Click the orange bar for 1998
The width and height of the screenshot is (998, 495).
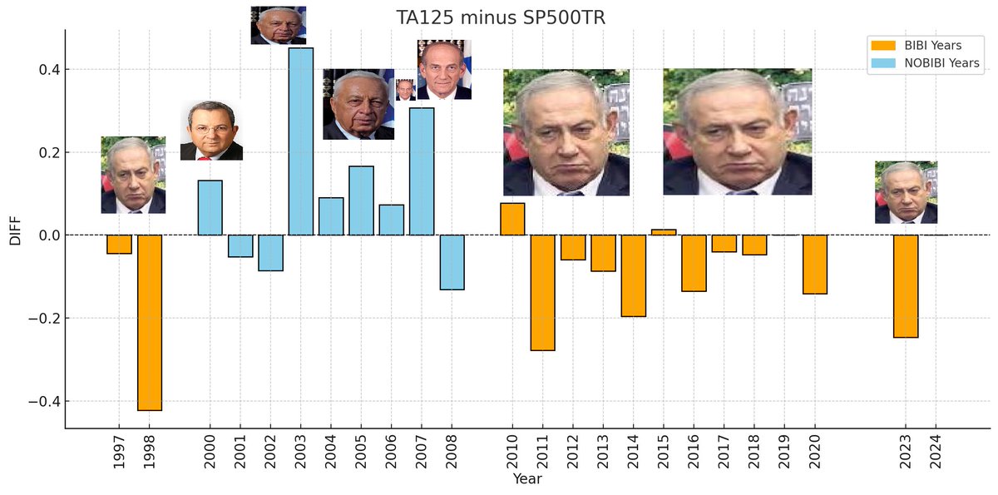(x=150, y=323)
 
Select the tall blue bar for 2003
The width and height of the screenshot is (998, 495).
(x=301, y=141)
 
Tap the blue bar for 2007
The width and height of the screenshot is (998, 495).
(x=422, y=171)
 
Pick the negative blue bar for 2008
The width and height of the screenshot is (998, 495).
(x=452, y=262)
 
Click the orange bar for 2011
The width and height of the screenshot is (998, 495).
(x=542, y=293)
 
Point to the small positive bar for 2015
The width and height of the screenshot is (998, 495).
(x=664, y=232)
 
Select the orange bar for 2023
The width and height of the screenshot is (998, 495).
(x=906, y=286)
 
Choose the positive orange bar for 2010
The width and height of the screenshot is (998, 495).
(x=512, y=219)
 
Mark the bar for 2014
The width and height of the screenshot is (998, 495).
(x=634, y=276)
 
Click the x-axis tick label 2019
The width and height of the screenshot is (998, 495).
(x=784, y=452)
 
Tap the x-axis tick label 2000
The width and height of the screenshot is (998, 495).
(x=210, y=452)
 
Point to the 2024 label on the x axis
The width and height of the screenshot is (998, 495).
(x=936, y=452)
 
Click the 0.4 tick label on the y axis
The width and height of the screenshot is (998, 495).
(x=49, y=70)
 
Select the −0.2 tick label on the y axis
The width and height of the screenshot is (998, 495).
(x=44, y=318)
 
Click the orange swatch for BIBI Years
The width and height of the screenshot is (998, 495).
(x=883, y=46)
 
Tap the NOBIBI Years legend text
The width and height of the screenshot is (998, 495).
(x=941, y=63)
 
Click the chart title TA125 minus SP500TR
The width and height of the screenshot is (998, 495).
(x=501, y=17)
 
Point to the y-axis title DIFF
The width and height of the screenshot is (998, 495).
(x=15, y=230)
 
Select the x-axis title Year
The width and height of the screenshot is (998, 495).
(x=527, y=479)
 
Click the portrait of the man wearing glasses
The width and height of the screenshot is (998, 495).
(x=211, y=131)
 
